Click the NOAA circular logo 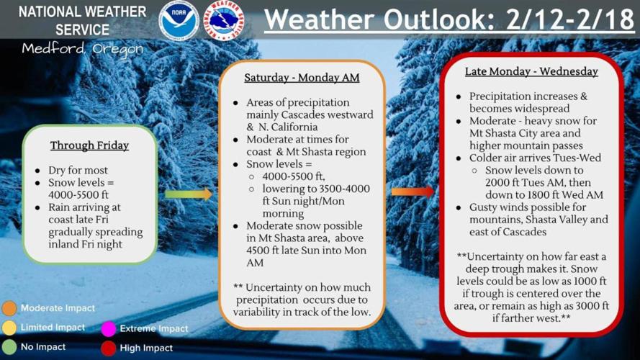click(179, 20)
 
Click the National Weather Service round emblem click(225, 20)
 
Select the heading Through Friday click(89, 145)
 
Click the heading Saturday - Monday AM click(302, 78)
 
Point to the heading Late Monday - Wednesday click(531, 71)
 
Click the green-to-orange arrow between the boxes click(188, 194)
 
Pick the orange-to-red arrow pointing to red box click(413, 192)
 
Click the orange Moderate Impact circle click(9, 308)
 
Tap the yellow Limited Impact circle click(9, 328)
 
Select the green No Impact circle click(9, 347)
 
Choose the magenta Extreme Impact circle click(109, 329)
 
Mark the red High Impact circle click(109, 348)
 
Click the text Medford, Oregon click(82, 49)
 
